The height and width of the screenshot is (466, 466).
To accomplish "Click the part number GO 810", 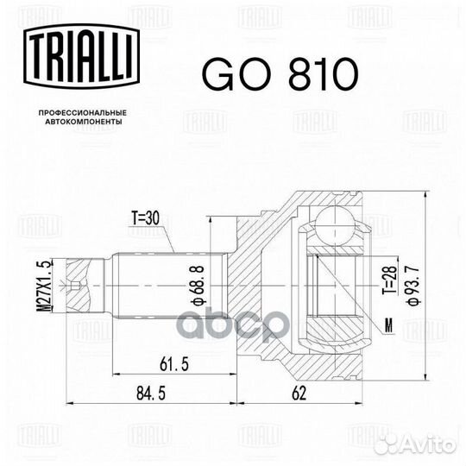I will click(x=279, y=75).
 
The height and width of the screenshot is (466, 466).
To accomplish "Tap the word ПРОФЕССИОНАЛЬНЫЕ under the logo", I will click(x=83, y=113).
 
